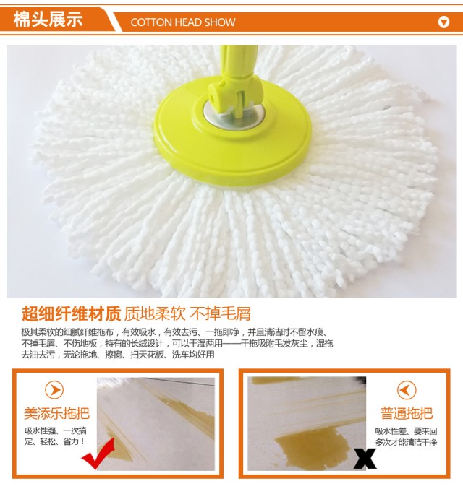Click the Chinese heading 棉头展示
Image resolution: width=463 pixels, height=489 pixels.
click(48, 20)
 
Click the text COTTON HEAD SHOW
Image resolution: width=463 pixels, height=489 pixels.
click(183, 22)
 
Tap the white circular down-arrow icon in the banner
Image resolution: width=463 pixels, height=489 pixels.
click(443, 22)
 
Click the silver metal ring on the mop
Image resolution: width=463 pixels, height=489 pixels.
click(234, 115)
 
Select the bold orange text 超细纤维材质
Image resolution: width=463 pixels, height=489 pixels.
click(71, 313)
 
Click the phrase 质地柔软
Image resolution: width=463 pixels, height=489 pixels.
click(155, 313)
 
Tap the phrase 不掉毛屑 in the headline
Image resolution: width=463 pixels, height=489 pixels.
click(220, 313)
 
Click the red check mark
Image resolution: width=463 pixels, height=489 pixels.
click(98, 453)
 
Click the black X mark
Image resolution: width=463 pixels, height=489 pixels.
click(365, 459)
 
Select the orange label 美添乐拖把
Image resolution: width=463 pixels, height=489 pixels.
click(56, 414)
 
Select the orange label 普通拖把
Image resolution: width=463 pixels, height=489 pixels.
click(406, 414)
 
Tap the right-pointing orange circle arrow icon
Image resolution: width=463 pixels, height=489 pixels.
click(54, 390)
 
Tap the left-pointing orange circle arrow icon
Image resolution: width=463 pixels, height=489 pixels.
click(407, 390)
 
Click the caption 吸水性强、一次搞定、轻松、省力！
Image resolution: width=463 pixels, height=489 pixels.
click(55, 436)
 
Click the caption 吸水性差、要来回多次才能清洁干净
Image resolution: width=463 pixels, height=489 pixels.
click(406, 436)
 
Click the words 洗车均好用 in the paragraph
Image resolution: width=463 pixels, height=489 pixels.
click(193, 355)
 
